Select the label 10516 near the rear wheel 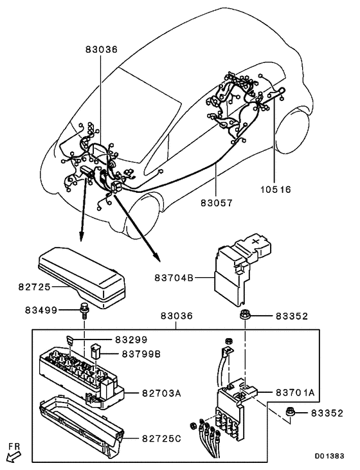(275, 190)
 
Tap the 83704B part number (173, 278)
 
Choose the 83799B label (137, 353)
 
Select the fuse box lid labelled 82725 (80, 273)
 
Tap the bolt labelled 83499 (84, 311)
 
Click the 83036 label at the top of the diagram (102, 49)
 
